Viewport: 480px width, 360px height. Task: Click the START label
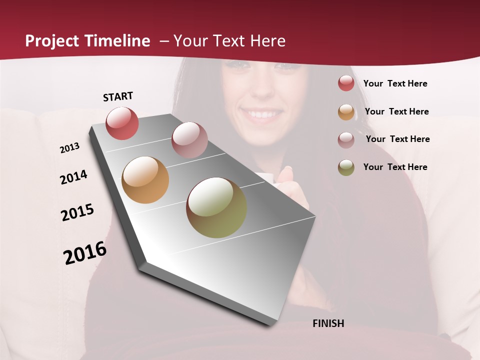pos(118,96)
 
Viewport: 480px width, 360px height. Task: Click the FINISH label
pos(328,323)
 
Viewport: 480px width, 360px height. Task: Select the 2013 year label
pos(70,148)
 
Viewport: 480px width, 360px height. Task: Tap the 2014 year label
pos(74,177)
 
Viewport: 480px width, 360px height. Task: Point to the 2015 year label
pos(77,212)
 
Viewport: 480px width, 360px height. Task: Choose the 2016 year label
pos(85,252)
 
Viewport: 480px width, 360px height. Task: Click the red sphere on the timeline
pos(122,123)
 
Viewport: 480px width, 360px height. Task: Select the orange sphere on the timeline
pos(145,180)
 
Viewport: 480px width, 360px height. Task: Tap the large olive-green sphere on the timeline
pos(216,207)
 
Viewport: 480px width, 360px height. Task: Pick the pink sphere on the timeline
pos(189,140)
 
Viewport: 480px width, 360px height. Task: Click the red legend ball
pos(346,83)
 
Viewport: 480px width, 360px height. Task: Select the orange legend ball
pos(346,112)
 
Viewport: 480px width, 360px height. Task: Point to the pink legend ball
pos(346,139)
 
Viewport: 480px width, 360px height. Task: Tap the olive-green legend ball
pos(346,167)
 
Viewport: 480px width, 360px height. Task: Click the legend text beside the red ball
pos(395,83)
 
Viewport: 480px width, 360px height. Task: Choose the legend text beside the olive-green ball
pos(395,167)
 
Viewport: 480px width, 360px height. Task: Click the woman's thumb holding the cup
pos(286,175)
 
